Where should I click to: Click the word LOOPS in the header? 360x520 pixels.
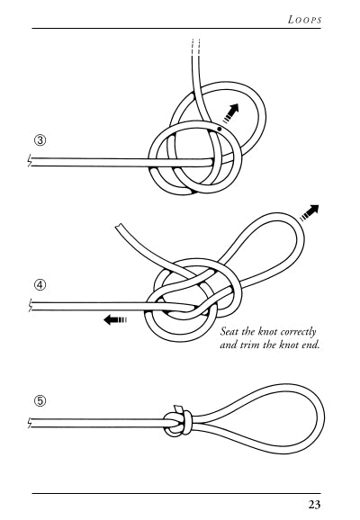(x=304, y=20)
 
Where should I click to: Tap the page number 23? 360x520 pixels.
(x=314, y=505)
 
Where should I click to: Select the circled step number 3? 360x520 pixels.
(x=40, y=140)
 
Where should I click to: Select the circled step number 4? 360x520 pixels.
(x=40, y=285)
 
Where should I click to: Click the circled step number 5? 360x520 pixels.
(x=40, y=401)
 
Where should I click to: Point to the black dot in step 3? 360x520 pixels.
(x=219, y=129)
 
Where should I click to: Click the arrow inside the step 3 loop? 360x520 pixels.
(x=230, y=113)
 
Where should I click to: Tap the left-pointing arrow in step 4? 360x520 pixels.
(x=115, y=320)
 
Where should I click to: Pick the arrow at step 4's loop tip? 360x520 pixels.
(x=310, y=212)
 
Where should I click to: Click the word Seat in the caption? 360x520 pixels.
(x=229, y=331)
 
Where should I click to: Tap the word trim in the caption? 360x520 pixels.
(x=250, y=345)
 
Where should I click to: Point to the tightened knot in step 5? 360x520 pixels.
(x=177, y=423)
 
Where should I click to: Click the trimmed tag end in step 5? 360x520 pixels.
(x=177, y=408)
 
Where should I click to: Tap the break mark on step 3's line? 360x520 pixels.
(x=30, y=161)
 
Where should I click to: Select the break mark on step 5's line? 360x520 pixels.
(x=30, y=423)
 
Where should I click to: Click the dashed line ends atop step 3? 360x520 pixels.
(x=196, y=47)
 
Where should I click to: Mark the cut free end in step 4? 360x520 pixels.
(x=119, y=227)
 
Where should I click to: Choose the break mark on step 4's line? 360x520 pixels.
(x=30, y=306)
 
